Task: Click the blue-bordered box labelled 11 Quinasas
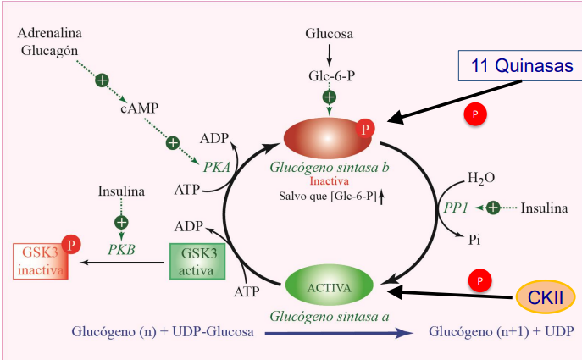(518, 66)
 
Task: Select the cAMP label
(138, 109)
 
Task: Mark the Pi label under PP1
(475, 240)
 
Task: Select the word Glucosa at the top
(330, 34)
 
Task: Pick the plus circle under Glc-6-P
(330, 98)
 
